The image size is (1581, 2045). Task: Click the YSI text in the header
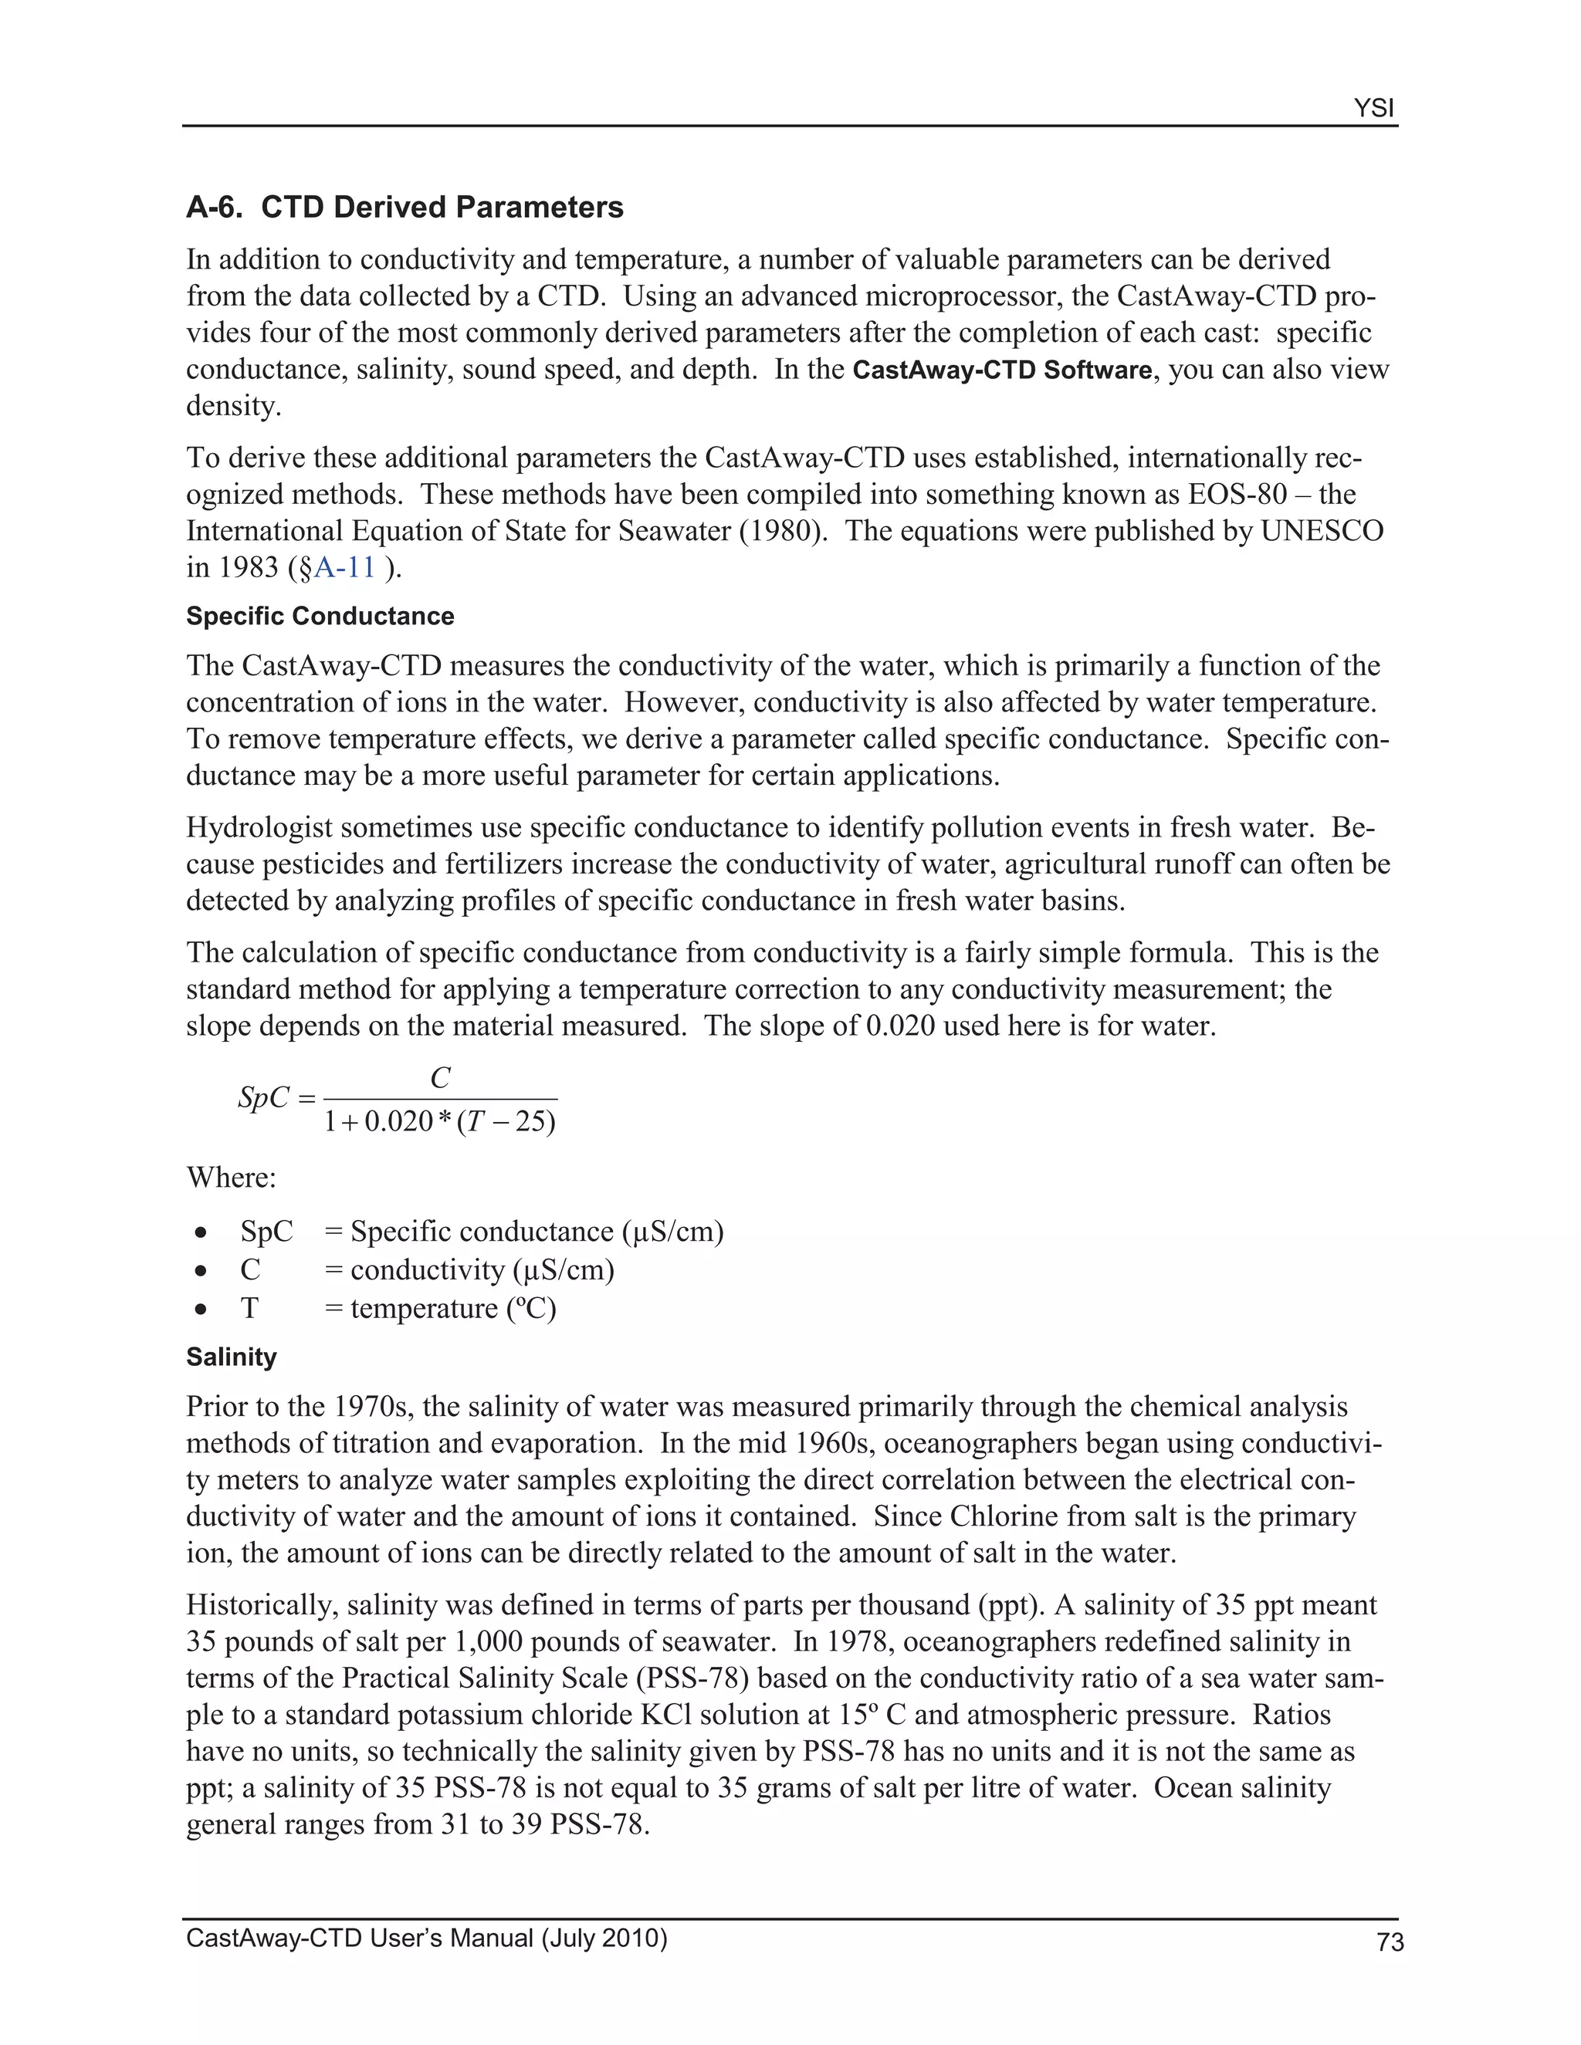click(x=1373, y=109)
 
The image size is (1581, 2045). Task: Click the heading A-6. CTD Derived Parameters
click(x=405, y=207)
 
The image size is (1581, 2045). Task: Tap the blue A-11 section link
click(x=344, y=567)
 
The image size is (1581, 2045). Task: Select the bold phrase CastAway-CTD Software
click(x=1002, y=370)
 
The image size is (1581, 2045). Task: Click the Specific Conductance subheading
click(x=320, y=616)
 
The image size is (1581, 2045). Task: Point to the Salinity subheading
click(x=232, y=1357)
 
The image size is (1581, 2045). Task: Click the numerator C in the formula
click(x=440, y=1079)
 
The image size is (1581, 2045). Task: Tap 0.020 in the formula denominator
click(x=398, y=1121)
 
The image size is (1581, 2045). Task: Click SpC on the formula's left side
click(x=263, y=1097)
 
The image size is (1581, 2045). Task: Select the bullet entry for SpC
click(x=266, y=1232)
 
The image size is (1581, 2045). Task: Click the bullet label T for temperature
click(x=249, y=1308)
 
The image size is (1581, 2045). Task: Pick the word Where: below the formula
click(x=232, y=1177)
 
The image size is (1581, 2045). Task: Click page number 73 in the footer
click(x=1390, y=1943)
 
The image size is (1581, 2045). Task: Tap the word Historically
click(x=262, y=1605)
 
